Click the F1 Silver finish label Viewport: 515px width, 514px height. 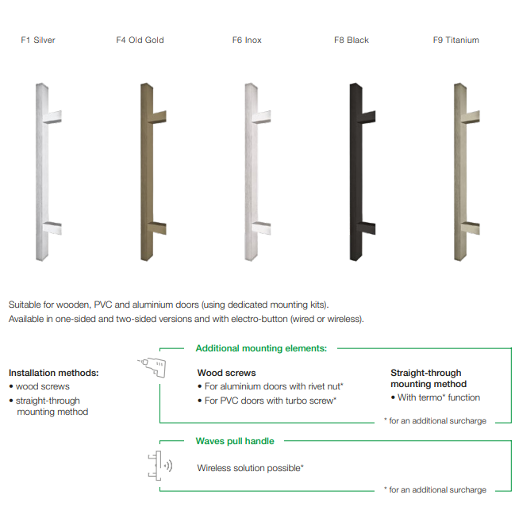click(38, 40)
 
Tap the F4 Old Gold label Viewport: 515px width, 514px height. click(140, 40)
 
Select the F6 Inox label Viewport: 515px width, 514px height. click(247, 40)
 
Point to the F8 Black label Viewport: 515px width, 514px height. click(352, 40)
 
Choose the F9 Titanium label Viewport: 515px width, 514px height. click(455, 40)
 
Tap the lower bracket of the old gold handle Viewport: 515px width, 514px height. click(159, 228)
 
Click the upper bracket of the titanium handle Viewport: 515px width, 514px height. click(472, 117)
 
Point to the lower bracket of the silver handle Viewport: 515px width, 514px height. click(53, 228)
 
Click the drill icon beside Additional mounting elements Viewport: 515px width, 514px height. click(152, 367)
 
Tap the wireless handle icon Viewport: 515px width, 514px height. click(160, 466)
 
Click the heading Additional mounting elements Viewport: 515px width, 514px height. click(261, 348)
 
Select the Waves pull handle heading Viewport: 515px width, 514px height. click(235, 441)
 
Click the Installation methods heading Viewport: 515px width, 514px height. click(53, 373)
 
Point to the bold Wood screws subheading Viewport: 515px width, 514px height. click(226, 373)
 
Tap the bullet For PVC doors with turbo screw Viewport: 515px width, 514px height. click(267, 401)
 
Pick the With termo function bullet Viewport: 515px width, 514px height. click(436, 397)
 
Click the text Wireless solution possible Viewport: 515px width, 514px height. click(250, 468)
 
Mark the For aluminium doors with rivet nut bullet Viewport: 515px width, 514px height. click(271, 386)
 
